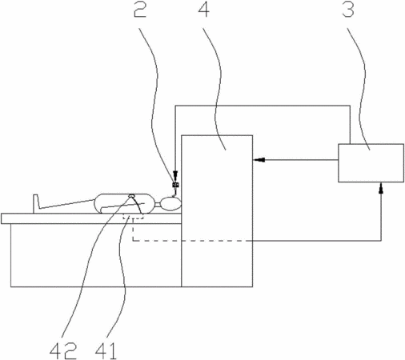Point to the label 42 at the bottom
click(x=63, y=351)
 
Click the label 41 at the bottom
click(x=106, y=351)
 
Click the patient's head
click(x=171, y=204)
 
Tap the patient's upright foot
click(x=36, y=204)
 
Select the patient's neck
click(x=158, y=205)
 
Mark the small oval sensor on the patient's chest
click(x=131, y=196)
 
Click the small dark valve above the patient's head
click(x=176, y=185)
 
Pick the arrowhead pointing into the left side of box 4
click(x=259, y=160)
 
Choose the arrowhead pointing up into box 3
click(x=381, y=188)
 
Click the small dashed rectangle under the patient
click(x=133, y=216)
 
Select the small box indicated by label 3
click(x=371, y=163)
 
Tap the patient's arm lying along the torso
click(x=122, y=206)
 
